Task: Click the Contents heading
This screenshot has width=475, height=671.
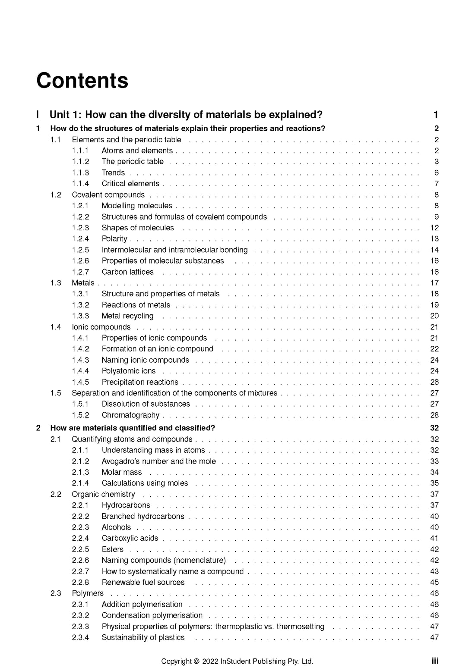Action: coord(82,81)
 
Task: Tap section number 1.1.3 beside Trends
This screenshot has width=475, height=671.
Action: coord(80,172)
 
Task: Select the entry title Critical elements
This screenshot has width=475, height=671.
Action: coord(130,184)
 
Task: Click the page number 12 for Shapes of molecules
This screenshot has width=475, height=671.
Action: coord(434,228)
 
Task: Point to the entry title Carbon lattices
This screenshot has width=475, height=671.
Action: coord(127,272)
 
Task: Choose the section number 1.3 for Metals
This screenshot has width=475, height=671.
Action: coord(56,283)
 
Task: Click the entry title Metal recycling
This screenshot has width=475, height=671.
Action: coord(127,316)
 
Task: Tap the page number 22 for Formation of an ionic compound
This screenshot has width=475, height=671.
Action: coord(434,349)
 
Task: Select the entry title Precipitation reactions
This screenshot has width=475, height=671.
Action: coord(140,382)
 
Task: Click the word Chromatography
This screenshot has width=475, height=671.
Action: coord(130,415)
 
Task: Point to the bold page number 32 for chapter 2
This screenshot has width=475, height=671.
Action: coord(434,428)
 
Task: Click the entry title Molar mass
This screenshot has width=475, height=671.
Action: coord(122,472)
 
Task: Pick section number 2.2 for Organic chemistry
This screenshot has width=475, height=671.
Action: coord(56,494)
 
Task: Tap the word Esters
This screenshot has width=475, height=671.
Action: coord(113,549)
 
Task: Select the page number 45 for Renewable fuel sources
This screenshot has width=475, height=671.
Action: coord(434,582)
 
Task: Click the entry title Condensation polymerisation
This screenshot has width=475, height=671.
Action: coord(152,615)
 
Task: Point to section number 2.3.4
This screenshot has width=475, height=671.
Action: coord(80,637)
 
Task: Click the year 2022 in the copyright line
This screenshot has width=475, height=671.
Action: coord(210,661)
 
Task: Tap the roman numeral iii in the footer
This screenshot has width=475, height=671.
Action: coord(435,661)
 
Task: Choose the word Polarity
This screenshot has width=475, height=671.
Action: coord(114,239)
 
